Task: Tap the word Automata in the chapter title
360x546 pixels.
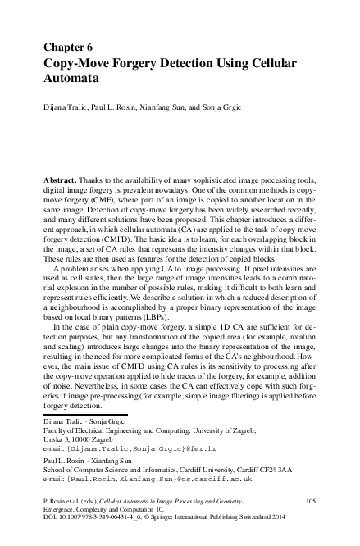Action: [71, 80]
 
